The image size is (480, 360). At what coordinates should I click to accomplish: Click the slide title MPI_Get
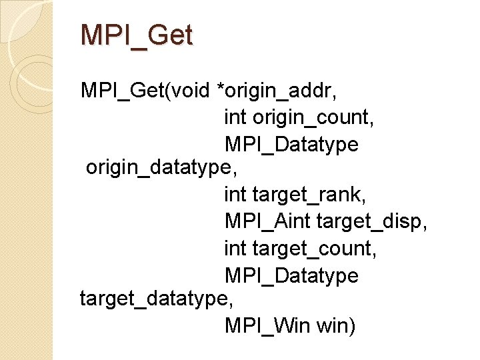point(136,35)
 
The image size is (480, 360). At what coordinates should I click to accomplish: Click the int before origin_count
point(235,117)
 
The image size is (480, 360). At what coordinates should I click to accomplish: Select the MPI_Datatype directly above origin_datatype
point(291,144)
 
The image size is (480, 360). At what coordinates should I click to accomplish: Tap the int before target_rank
point(235,196)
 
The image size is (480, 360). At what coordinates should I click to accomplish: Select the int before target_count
point(235,249)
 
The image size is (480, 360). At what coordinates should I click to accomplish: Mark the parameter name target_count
point(313,249)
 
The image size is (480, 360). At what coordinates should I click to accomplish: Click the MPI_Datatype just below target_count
point(291,275)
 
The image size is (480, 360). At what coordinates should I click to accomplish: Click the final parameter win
point(333,327)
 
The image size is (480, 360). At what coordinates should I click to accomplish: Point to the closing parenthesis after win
point(353,327)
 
